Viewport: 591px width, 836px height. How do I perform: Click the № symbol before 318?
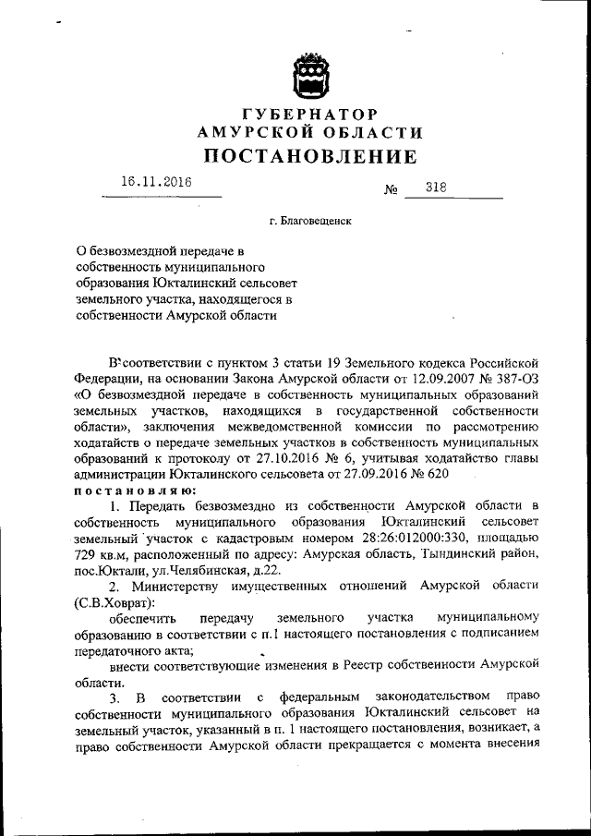coord(390,190)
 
